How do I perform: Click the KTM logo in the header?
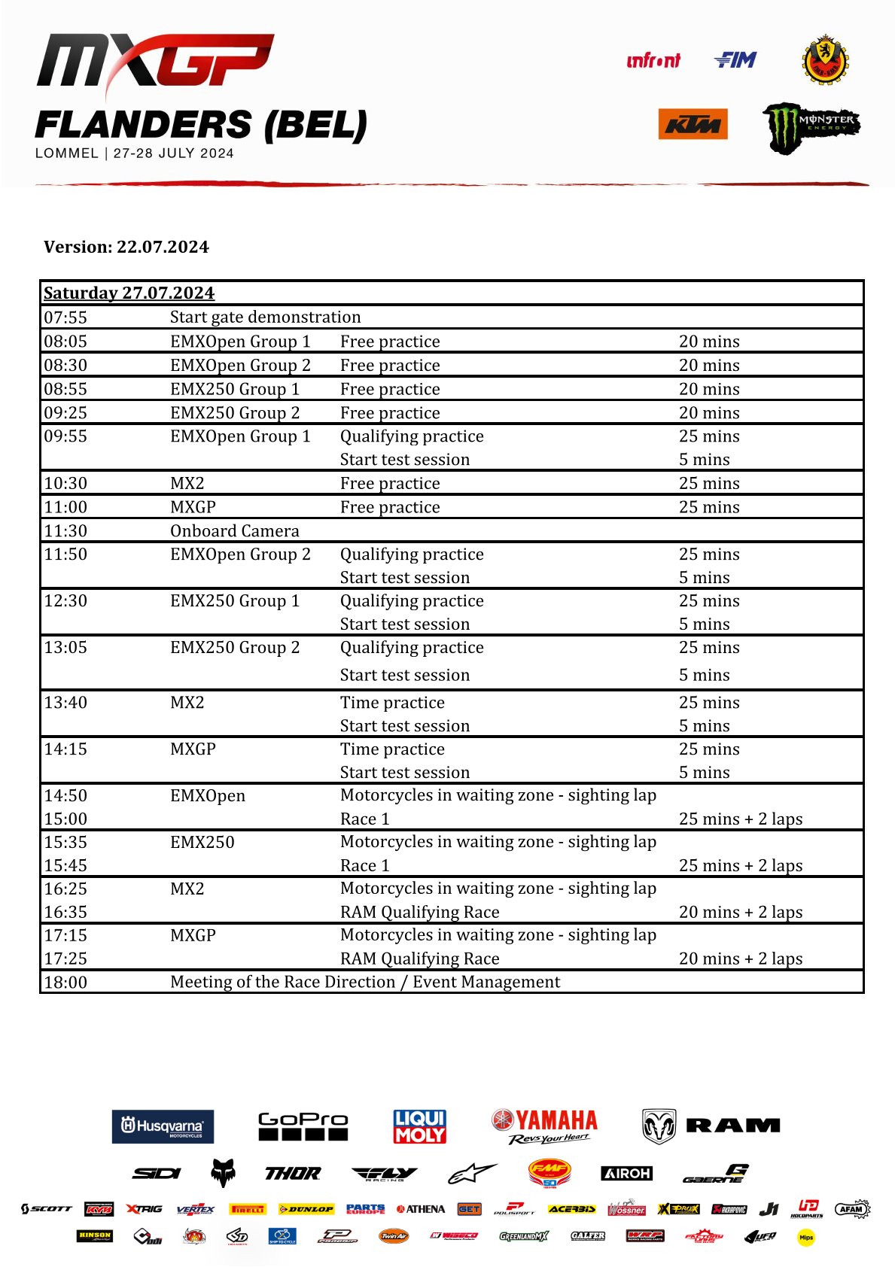click(693, 124)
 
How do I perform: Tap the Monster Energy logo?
click(811, 127)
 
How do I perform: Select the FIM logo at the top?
click(735, 60)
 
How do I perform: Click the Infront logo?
click(653, 61)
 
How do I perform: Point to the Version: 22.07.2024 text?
click(126, 247)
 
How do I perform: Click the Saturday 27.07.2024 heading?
click(129, 293)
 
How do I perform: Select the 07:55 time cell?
click(65, 318)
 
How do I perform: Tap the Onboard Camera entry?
click(235, 531)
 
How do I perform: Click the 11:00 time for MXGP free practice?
click(65, 507)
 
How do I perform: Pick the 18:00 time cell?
click(65, 982)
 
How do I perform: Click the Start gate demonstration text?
click(266, 318)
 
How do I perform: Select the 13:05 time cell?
click(65, 648)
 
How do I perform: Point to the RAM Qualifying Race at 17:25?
click(420, 959)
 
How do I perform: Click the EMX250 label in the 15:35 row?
click(202, 842)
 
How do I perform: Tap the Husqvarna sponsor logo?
click(163, 1126)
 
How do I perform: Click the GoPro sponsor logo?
click(303, 1126)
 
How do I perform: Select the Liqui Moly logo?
click(420, 1126)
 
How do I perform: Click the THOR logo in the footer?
click(293, 1173)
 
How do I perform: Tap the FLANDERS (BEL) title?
click(201, 125)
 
